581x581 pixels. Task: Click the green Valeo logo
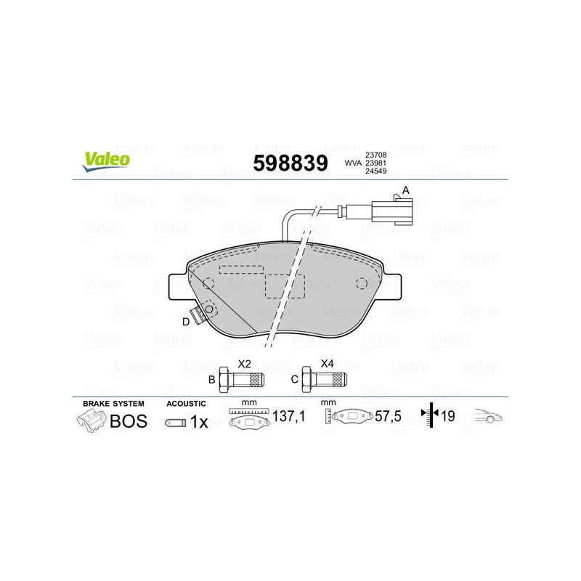pos(106,161)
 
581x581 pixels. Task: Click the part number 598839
pos(290,163)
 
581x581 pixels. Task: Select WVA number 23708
pos(375,155)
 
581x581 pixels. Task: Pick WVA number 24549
pos(375,171)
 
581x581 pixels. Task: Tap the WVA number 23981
pos(375,163)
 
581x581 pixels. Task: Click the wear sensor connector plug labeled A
pos(391,211)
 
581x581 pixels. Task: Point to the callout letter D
pos(186,322)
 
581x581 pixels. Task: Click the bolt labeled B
pos(242,379)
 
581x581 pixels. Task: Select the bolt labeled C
pos(325,379)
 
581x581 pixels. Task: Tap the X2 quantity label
pos(244,364)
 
